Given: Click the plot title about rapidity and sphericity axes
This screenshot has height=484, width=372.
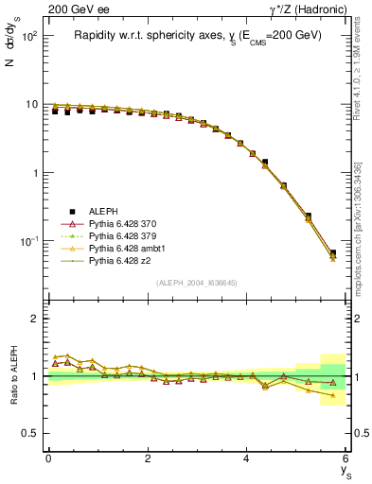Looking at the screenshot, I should point(198,35).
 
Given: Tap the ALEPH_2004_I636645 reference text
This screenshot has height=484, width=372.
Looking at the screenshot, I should point(198,283).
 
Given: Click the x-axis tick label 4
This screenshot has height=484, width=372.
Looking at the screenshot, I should point(247,458).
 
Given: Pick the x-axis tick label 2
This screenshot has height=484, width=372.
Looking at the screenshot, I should point(148,458).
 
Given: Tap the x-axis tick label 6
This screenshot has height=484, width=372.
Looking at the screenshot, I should point(346,458).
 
